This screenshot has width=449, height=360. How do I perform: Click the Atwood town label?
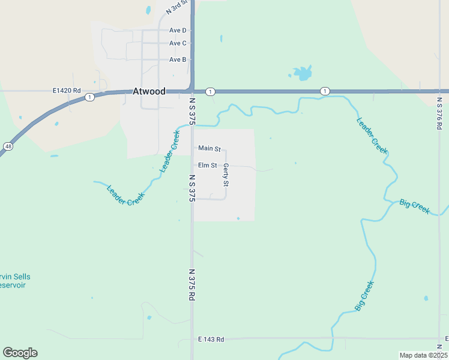148,92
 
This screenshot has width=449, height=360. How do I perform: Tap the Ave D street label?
178,30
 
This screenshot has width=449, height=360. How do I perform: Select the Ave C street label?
178,43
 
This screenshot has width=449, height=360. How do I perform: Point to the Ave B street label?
178,59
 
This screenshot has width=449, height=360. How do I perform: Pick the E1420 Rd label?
66,91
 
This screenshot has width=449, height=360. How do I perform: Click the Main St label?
209,148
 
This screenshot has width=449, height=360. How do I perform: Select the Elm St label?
207,165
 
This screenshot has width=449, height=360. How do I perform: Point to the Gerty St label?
226,174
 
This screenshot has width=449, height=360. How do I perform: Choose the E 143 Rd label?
211,340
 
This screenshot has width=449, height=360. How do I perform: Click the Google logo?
20,353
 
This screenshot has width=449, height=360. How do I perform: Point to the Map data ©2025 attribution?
423,355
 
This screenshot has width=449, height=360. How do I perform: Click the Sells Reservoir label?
15,281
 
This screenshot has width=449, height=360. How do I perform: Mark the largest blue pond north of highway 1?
303,74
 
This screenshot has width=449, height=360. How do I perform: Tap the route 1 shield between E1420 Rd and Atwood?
89,97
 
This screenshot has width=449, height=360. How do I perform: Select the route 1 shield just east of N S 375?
210,91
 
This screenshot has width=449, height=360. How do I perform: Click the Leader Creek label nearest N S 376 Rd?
372,135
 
